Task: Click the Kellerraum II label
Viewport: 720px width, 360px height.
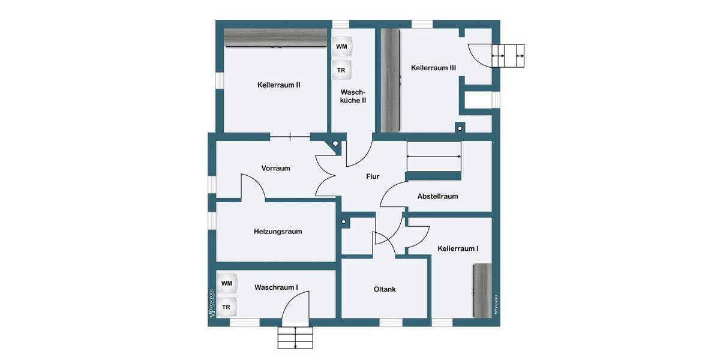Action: tap(278, 85)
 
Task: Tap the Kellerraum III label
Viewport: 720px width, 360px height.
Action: tap(433, 68)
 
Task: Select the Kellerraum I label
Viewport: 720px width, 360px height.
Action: tap(458, 248)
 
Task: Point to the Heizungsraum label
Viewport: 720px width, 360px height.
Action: tap(278, 231)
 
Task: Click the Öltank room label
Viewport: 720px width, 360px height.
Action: tap(384, 289)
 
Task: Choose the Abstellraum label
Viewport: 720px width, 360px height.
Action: tap(437, 196)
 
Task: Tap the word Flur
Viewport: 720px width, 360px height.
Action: tap(373, 176)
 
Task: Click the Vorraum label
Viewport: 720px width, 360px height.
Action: tap(275, 168)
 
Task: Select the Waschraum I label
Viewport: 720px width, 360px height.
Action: tap(276, 287)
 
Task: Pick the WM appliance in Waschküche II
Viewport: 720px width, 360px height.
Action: tap(341, 46)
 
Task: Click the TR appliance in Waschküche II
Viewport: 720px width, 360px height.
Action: tap(341, 70)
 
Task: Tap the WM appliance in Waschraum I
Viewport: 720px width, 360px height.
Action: tap(227, 283)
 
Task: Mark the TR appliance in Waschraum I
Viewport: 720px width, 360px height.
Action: tap(227, 307)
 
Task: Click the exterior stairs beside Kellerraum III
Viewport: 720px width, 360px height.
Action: tap(508, 56)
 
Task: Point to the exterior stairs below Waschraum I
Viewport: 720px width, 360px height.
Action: tap(295, 338)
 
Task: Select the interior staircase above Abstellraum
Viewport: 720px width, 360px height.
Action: tap(434, 156)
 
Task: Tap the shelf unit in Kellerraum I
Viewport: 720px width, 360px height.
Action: tap(482, 290)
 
